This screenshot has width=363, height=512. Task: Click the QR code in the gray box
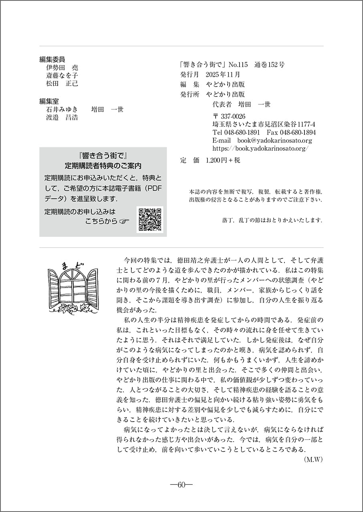pos(150,220)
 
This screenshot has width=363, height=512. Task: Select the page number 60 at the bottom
pos(181,485)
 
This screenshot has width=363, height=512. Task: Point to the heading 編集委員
pos(52,60)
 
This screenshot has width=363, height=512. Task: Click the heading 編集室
pos(49,102)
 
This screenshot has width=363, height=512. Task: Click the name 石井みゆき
pos(62,109)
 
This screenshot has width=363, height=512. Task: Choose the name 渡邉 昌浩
pos(62,117)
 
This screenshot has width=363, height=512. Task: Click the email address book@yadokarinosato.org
pos(274,140)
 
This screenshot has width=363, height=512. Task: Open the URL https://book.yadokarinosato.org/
pos(260,148)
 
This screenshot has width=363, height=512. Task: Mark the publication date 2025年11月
pos(223,74)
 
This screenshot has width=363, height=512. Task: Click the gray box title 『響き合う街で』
pos(103,155)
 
